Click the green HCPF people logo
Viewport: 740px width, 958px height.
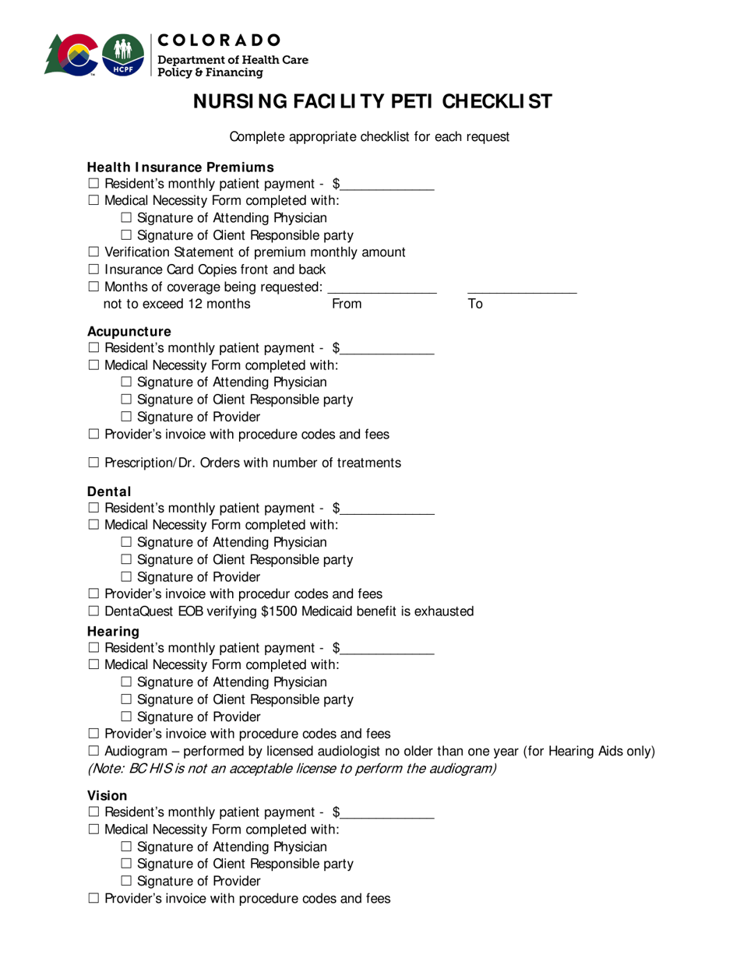pyautogui.click(x=123, y=55)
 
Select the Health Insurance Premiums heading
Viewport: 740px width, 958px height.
pyautogui.click(x=180, y=167)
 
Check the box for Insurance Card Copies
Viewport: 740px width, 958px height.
pyautogui.click(x=93, y=270)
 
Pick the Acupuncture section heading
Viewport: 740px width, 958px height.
pyautogui.click(x=129, y=332)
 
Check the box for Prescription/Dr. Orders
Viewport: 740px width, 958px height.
pyautogui.click(x=93, y=463)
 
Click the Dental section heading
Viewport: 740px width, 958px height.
pyautogui.click(x=109, y=492)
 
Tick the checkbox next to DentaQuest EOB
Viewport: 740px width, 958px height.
pyautogui.click(x=93, y=612)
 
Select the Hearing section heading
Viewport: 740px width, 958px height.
pyautogui.click(x=113, y=632)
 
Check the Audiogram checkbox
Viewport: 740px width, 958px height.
pyautogui.click(x=93, y=752)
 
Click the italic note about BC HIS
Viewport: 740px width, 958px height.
pyautogui.click(x=291, y=770)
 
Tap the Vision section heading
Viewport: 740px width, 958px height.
pyautogui.click(x=107, y=796)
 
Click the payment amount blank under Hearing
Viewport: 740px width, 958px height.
pyautogui.click(x=387, y=649)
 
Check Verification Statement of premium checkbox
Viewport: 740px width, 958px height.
pyautogui.click(x=93, y=252)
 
